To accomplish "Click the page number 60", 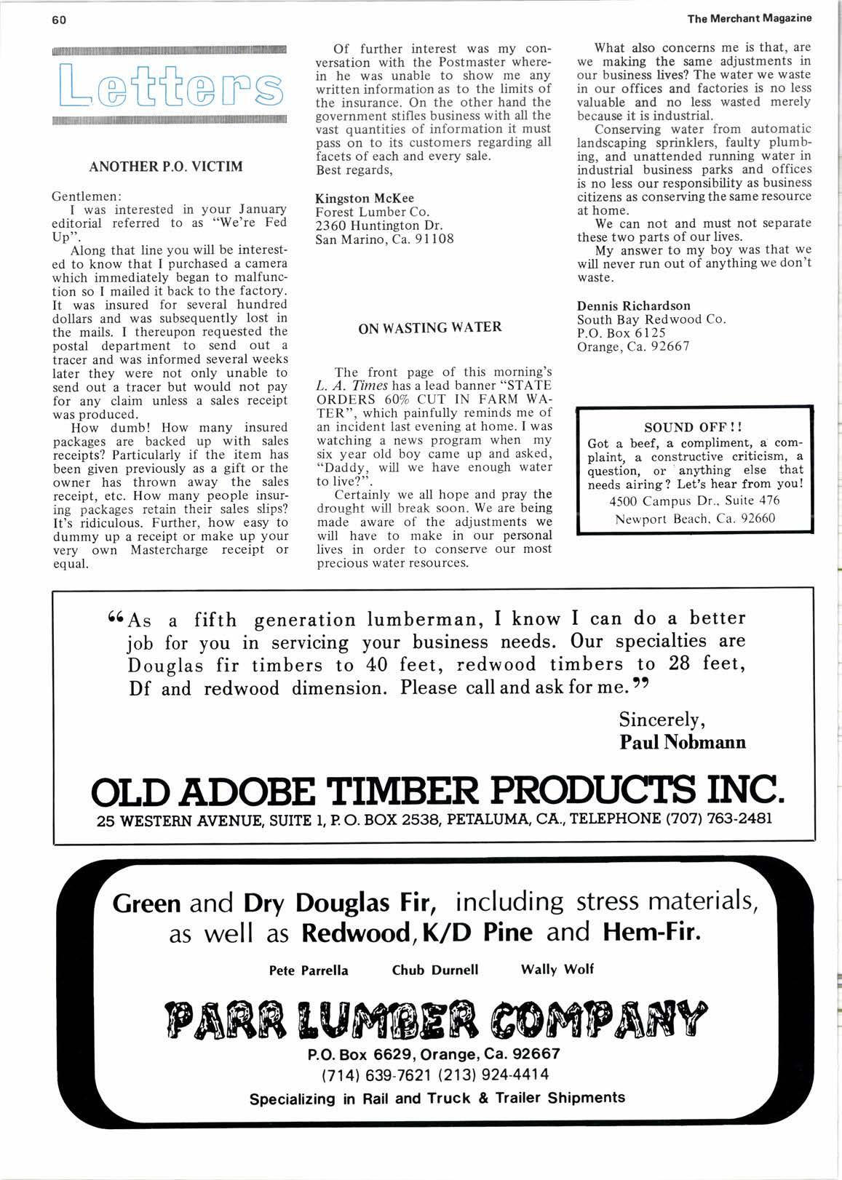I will (x=59, y=20).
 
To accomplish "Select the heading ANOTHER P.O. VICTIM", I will (x=166, y=167).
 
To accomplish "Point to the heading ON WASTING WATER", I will (x=430, y=327).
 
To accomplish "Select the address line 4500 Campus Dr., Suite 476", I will (x=694, y=501).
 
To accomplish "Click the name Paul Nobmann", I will (x=683, y=742).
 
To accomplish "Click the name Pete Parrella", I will (x=309, y=970).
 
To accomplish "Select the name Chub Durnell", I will (x=435, y=970).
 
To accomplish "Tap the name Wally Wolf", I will (x=557, y=969).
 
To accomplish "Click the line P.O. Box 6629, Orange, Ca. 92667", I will (x=434, y=1054).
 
